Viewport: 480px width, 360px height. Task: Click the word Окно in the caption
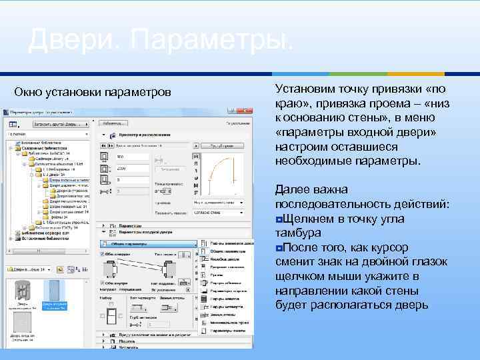pos(31,91)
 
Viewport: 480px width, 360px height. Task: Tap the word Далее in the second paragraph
pos(292,190)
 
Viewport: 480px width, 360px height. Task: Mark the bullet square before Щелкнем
pos(279,219)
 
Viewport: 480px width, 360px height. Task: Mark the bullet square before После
pos(279,248)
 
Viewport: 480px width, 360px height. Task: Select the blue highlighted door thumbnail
pos(55,293)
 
